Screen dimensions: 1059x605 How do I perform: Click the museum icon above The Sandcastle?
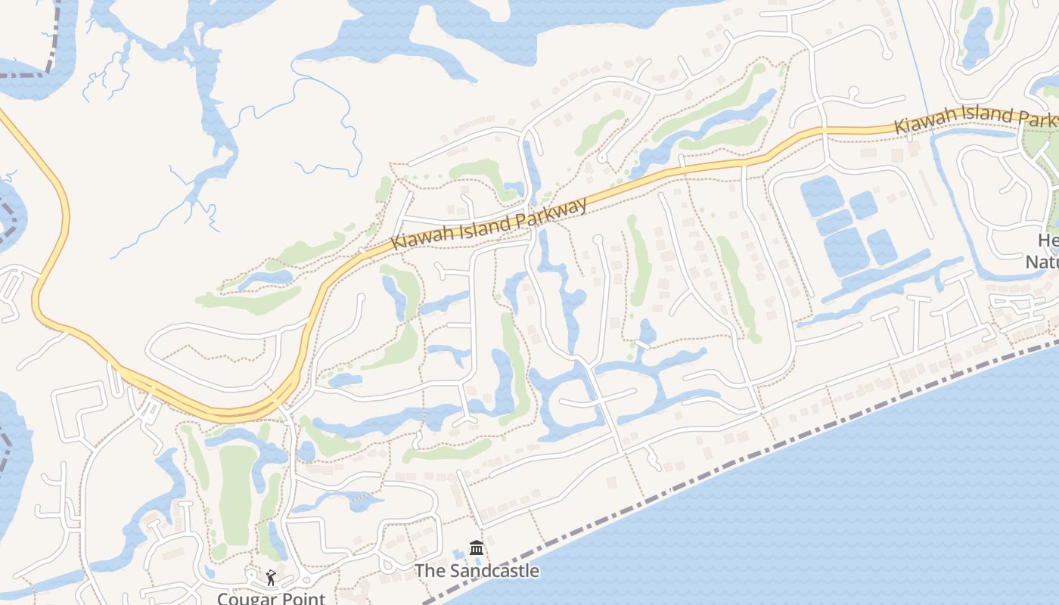tap(477, 548)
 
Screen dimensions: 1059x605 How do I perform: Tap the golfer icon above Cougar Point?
tap(271, 578)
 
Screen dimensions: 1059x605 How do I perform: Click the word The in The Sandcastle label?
tap(430, 571)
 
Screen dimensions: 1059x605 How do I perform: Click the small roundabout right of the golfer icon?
tap(307, 581)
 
